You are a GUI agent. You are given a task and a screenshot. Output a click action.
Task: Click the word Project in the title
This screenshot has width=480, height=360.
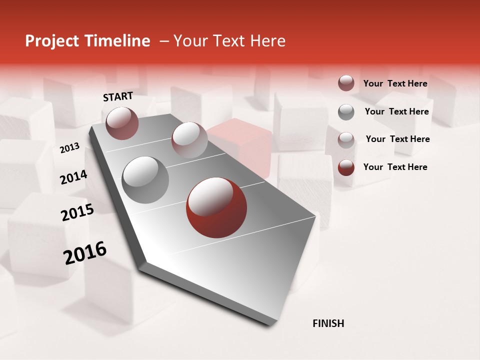(49, 41)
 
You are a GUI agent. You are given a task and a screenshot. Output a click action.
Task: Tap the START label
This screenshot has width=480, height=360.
(118, 96)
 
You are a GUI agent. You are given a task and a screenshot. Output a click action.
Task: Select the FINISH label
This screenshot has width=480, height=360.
(328, 323)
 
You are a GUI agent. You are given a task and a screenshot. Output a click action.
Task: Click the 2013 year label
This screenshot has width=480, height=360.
(69, 148)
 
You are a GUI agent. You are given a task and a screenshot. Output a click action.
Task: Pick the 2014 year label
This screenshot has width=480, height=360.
(73, 177)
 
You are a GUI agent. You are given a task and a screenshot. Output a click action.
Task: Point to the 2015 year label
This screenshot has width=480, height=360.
(77, 212)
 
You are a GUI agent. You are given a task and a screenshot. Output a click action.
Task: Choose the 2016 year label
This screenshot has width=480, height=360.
(85, 253)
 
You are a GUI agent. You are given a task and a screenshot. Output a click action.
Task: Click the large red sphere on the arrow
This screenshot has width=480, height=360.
(216, 207)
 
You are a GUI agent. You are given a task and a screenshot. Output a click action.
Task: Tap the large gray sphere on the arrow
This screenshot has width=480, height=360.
(145, 179)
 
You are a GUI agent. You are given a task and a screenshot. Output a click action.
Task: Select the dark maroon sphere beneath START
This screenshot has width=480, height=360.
(122, 123)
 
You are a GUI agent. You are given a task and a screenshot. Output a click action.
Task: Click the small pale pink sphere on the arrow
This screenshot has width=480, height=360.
(189, 140)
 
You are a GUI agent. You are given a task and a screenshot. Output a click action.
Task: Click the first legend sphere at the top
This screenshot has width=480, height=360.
(346, 83)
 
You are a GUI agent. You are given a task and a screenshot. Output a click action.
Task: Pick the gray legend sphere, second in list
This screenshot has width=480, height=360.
(346, 112)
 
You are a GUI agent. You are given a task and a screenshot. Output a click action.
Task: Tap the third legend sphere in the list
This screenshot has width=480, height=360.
(346, 139)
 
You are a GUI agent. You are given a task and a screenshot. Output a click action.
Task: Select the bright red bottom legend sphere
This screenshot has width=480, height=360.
(346, 167)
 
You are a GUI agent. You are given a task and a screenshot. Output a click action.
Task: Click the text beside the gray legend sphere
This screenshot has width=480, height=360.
(396, 111)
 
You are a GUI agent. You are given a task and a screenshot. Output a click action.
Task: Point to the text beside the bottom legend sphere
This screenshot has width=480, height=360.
(395, 167)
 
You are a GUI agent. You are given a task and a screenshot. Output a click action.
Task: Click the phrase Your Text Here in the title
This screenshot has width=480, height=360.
(229, 41)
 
